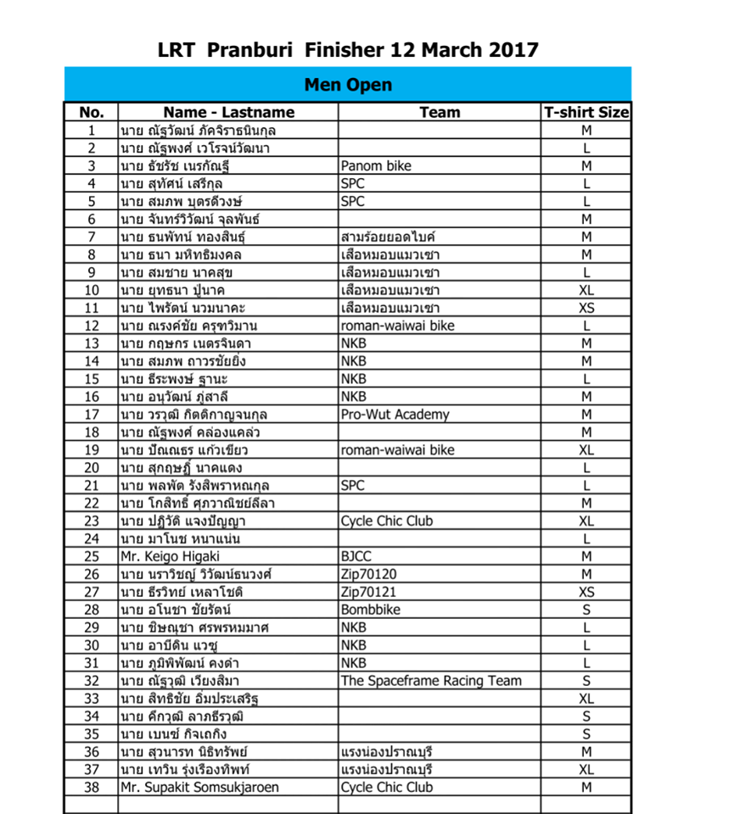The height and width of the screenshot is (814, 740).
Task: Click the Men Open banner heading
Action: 348,85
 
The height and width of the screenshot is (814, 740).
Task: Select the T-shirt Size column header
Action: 586,112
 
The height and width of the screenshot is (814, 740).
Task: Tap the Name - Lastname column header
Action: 229,112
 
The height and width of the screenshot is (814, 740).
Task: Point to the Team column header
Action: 440,112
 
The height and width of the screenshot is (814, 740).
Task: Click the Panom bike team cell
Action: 376,166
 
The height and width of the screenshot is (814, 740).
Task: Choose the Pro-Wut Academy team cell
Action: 395,415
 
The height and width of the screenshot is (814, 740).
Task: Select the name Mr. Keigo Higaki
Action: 170,556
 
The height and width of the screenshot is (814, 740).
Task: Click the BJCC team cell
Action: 356,556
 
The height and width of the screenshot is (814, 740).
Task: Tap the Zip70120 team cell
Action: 368,574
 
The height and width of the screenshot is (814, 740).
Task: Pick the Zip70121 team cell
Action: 368,592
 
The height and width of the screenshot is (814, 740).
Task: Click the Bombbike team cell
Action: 371,610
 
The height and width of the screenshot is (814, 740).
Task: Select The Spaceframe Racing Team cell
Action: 431,681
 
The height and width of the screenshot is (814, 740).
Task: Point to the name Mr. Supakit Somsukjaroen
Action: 199,787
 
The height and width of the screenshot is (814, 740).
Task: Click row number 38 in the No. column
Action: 91,787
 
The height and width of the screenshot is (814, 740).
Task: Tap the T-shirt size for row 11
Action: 586,308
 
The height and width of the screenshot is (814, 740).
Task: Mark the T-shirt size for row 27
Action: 586,592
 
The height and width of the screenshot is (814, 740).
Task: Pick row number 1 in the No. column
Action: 91,131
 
